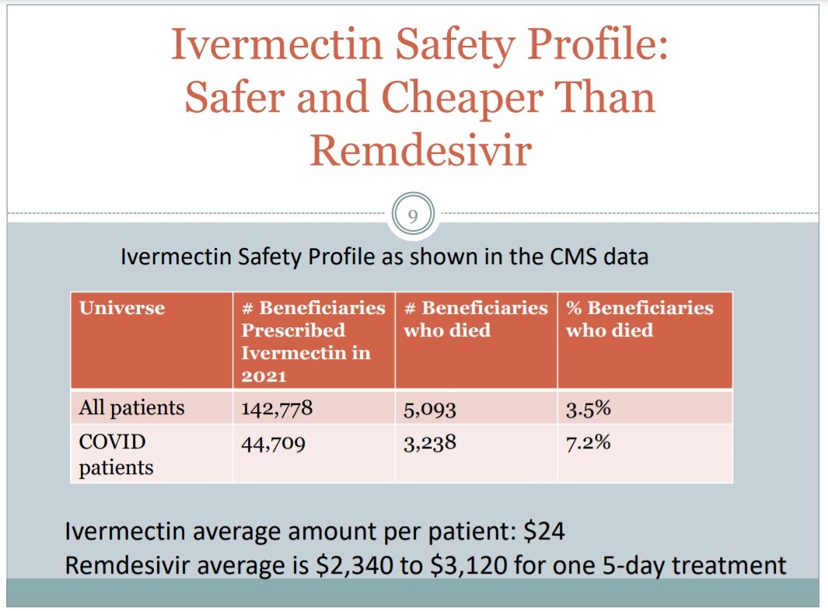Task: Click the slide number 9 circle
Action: [x=413, y=215]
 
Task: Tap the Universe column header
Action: [x=122, y=308]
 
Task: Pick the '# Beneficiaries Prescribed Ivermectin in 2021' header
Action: [x=313, y=341]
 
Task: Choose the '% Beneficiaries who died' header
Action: [x=639, y=319]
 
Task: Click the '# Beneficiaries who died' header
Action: [x=475, y=319]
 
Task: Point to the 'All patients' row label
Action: [x=131, y=407]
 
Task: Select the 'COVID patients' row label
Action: [x=116, y=455]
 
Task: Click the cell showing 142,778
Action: [x=277, y=408]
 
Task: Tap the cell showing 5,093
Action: [x=429, y=408]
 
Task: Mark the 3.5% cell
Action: [x=588, y=408]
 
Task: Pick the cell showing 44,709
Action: [x=272, y=443]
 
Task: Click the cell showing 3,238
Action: [x=429, y=443]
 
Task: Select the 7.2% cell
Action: [x=588, y=443]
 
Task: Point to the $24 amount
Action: [x=544, y=532]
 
